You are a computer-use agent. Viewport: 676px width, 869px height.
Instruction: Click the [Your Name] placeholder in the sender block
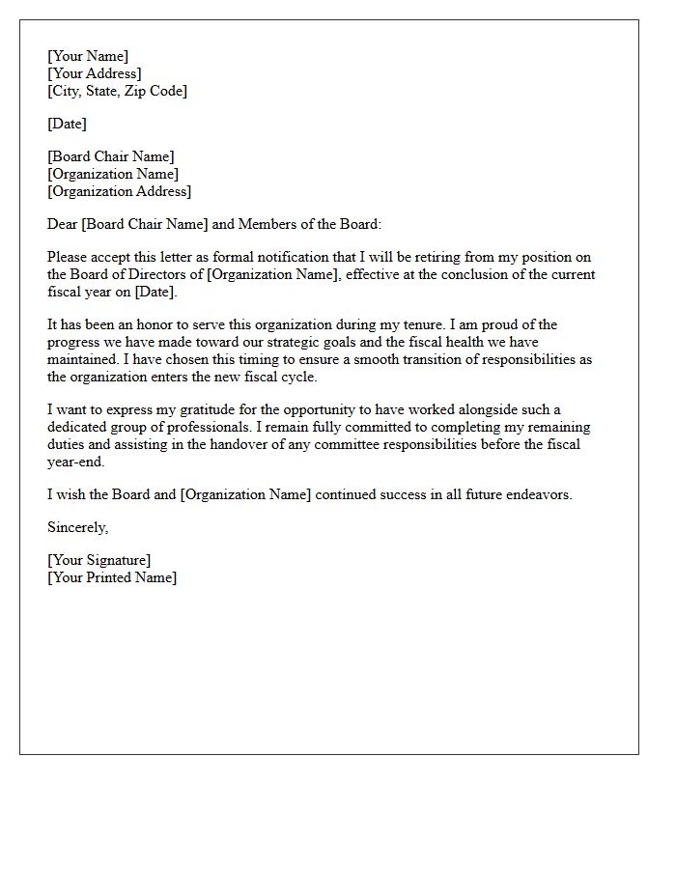coord(88,56)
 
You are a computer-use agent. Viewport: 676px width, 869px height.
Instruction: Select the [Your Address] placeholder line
coord(95,73)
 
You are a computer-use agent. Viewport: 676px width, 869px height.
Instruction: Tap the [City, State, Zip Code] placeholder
coord(117,91)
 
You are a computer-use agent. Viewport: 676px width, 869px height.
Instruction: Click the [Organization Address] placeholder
coord(119,191)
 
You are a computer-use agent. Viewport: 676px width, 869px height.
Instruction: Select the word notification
coord(316,257)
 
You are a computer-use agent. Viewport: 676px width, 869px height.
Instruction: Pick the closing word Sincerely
coord(77,527)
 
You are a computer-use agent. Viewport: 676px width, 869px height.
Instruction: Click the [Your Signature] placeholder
coord(99,560)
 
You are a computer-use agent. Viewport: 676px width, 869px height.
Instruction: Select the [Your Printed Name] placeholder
coord(112,577)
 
